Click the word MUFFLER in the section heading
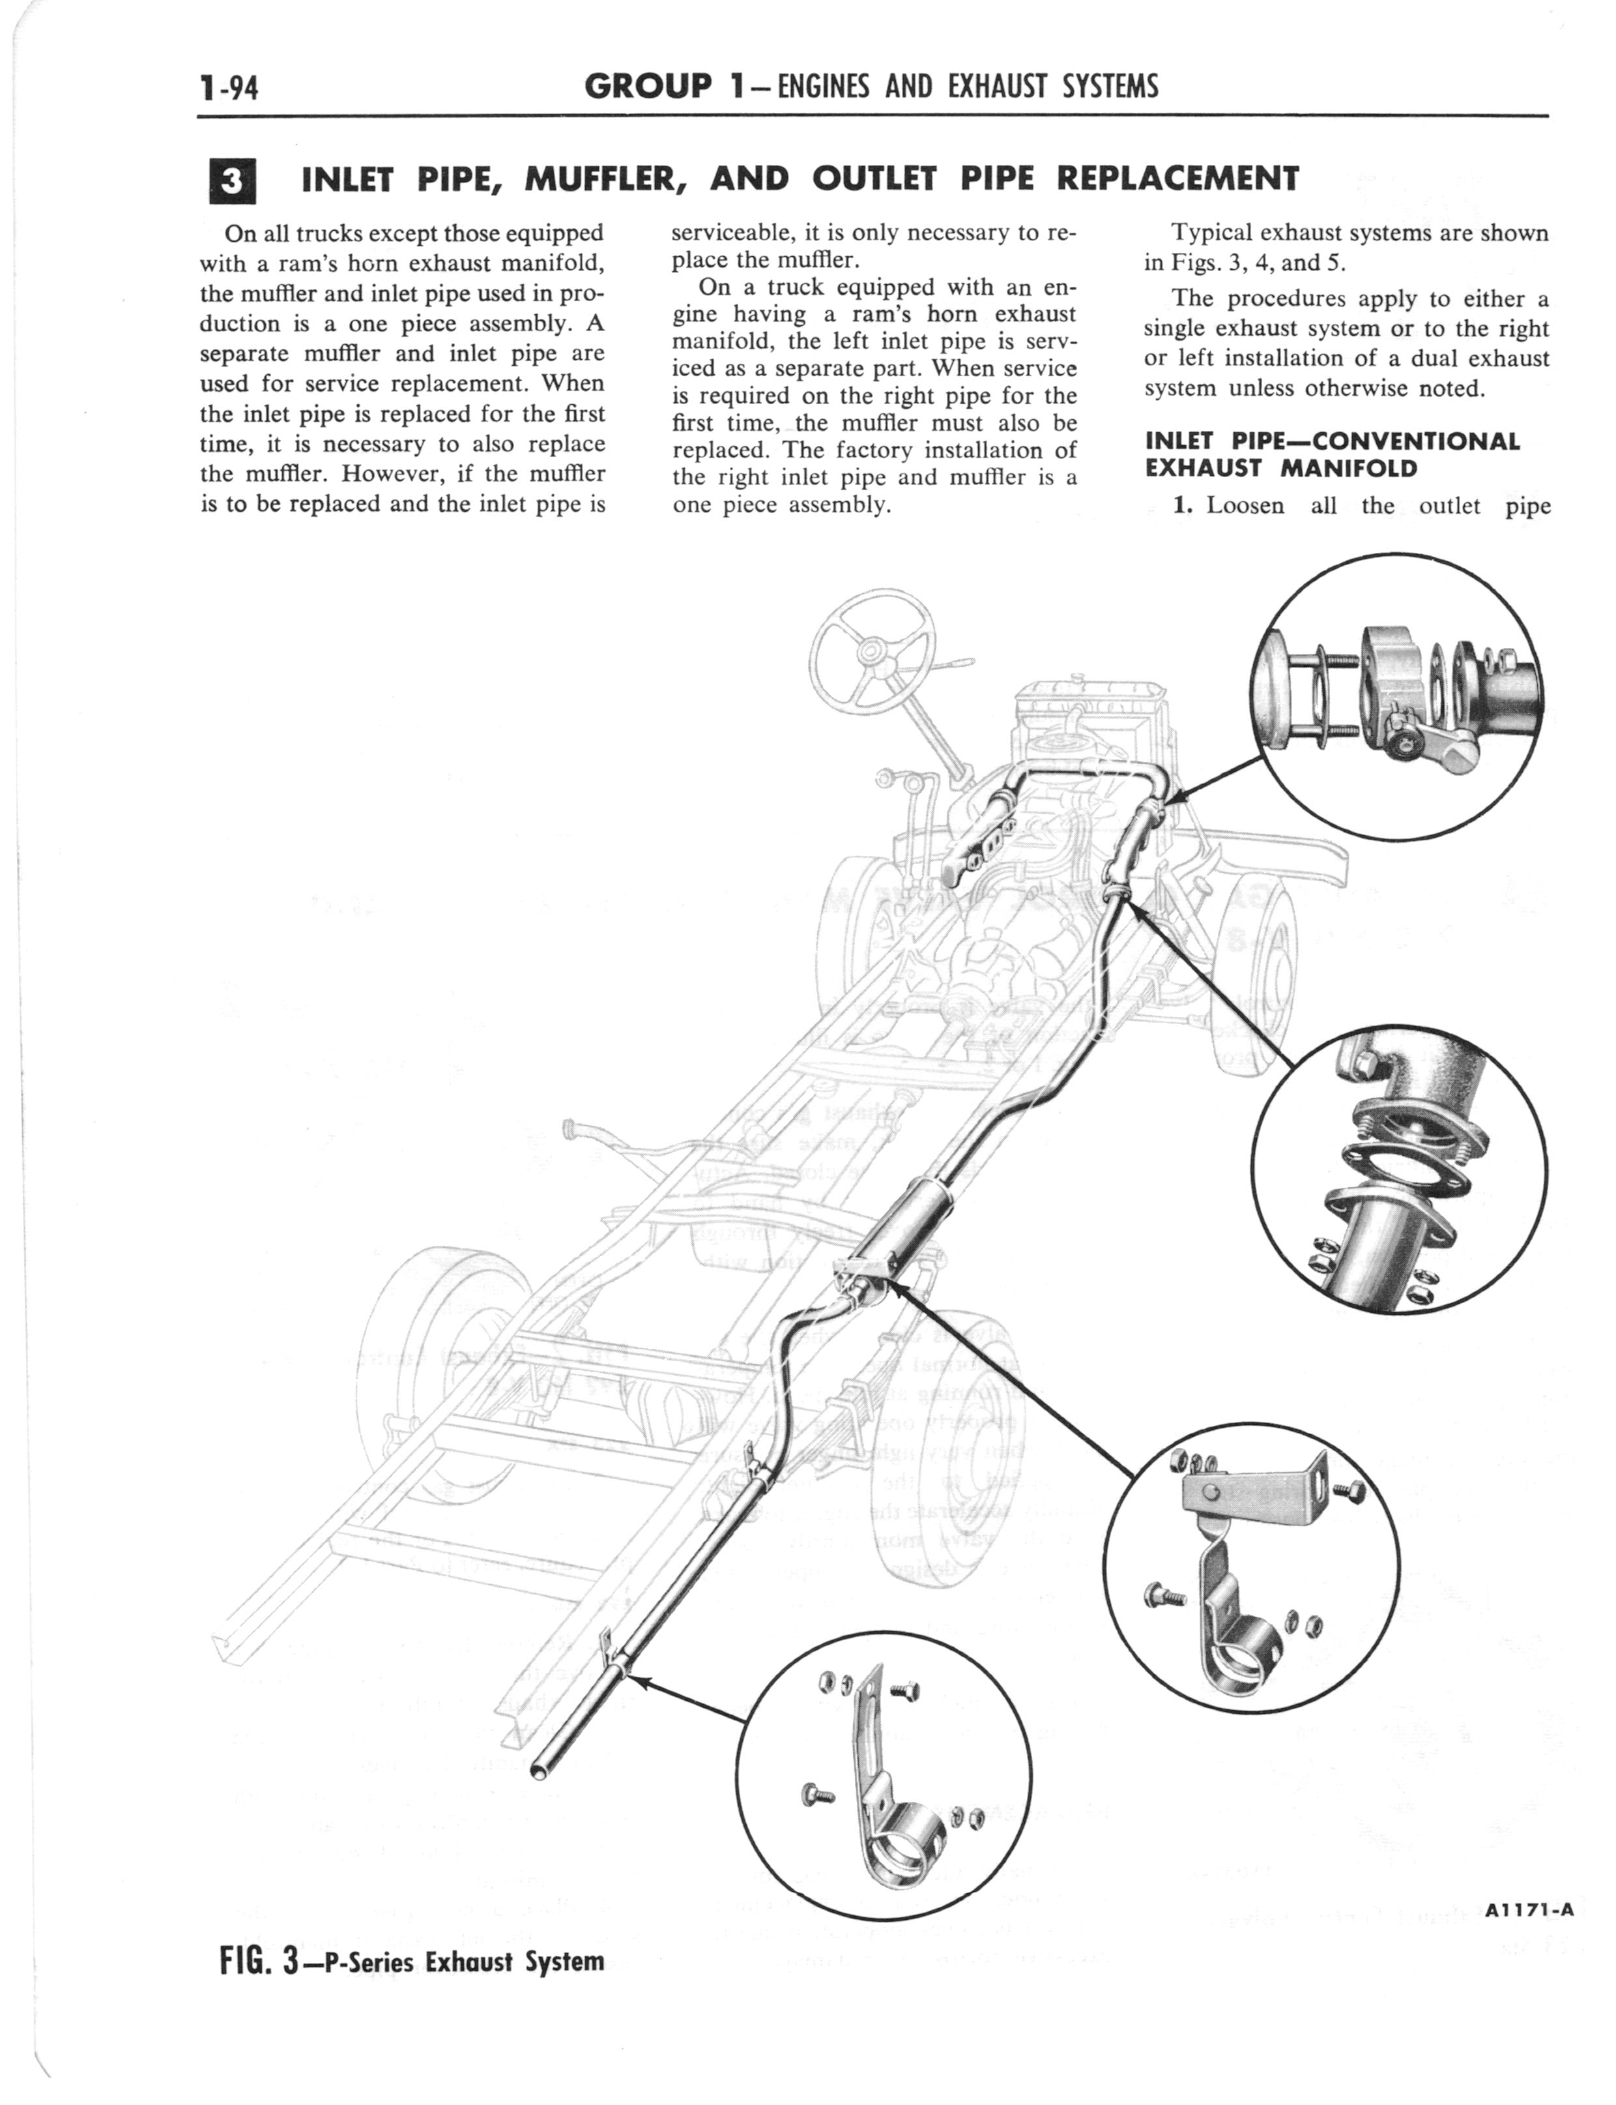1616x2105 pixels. pyautogui.click(x=609, y=179)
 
